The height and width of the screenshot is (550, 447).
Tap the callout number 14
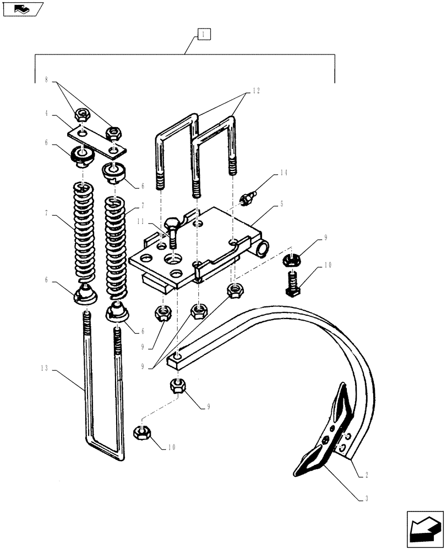coord(284,173)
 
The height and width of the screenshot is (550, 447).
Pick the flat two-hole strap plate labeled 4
coord(96,141)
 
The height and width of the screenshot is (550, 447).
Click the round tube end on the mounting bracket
coord(263,249)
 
